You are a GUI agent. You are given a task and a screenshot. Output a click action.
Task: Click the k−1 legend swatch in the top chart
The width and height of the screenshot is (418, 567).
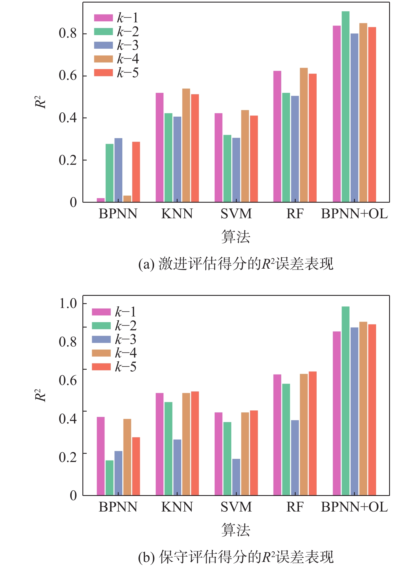point(103,18)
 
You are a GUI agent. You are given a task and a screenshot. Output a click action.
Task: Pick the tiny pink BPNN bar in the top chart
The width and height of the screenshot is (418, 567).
point(101,200)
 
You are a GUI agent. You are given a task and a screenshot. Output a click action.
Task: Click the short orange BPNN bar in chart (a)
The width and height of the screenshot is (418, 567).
point(127,199)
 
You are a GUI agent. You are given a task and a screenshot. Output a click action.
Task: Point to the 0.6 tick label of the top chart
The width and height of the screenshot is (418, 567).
point(68,76)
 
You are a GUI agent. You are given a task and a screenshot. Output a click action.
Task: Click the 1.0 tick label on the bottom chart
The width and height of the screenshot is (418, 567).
point(68,303)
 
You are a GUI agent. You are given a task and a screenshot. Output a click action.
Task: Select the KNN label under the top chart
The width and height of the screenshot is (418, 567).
point(177,214)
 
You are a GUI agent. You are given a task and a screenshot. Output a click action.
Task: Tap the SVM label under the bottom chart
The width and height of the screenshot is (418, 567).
point(236,507)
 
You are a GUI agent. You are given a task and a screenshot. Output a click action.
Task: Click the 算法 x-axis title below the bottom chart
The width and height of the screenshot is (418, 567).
point(236,530)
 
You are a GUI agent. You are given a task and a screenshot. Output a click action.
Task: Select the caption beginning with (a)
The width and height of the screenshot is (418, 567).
point(236,264)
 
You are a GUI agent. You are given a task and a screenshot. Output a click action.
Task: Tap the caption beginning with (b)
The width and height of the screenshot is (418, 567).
point(236,557)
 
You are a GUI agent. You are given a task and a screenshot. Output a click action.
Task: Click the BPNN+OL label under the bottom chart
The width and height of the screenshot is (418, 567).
point(354,507)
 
